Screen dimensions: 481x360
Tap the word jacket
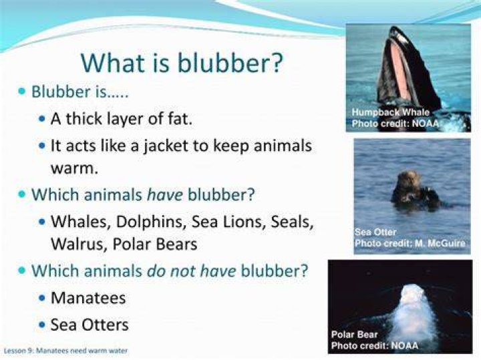[x=166, y=146]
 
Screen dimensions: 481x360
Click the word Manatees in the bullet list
[x=88, y=298]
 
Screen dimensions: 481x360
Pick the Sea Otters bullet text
[x=90, y=325]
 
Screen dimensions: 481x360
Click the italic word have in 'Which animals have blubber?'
[x=165, y=195]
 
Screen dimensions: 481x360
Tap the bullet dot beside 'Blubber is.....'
[x=22, y=91]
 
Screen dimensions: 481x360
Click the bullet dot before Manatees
[x=42, y=297]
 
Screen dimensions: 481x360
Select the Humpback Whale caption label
[x=391, y=112]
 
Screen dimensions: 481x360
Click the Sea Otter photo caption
[x=375, y=232]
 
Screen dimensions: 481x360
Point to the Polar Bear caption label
[x=355, y=334]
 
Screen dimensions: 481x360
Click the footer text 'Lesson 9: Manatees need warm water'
[x=65, y=350]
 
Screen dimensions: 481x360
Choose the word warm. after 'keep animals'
[x=74, y=168]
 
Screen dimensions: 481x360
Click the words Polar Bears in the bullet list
[x=155, y=244]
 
